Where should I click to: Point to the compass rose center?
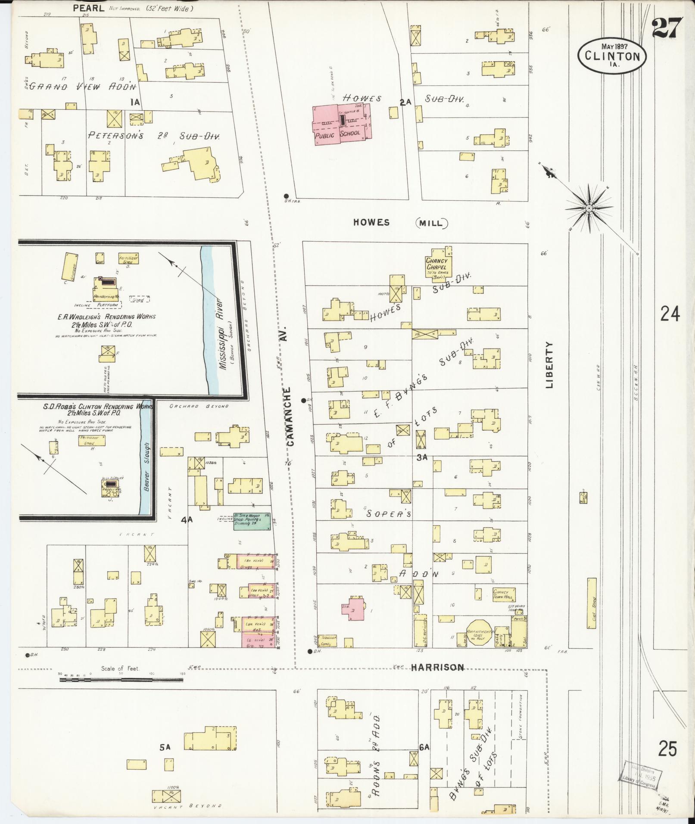(x=588, y=208)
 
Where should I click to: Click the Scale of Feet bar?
(x=121, y=680)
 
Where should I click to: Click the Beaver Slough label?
(x=146, y=467)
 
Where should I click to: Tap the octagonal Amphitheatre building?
(x=480, y=633)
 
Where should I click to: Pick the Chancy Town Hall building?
(x=504, y=594)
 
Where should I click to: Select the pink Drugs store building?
(x=256, y=562)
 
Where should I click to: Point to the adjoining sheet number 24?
(x=670, y=314)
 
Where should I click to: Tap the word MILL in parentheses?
(x=431, y=223)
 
